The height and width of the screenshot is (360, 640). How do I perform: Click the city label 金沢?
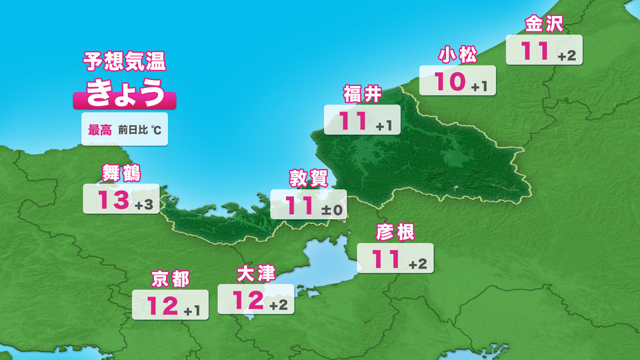pos(545,25)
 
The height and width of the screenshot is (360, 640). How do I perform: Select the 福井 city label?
pos(363,95)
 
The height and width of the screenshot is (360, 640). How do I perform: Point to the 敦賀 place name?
pos(309,179)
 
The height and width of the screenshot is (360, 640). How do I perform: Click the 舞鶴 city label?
pos(121,173)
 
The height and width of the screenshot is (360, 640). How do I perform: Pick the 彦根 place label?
pos(395,232)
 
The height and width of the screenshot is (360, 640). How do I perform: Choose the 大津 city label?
pos(256,274)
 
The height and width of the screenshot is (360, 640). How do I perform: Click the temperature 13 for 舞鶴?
pos(112,199)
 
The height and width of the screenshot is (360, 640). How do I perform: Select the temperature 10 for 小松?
pos(449,82)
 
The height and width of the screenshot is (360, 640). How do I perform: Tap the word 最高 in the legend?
pos(100,131)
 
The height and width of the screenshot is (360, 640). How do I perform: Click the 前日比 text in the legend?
pos(132,131)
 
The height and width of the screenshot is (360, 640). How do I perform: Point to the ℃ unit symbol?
pos(155,131)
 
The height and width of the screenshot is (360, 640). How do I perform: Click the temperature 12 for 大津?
pos(249,301)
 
